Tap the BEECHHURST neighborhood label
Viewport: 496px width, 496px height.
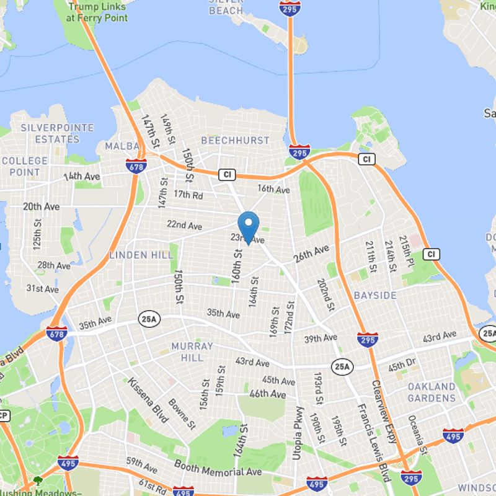(236, 141)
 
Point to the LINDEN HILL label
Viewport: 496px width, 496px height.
(137, 255)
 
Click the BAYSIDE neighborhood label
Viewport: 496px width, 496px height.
(375, 296)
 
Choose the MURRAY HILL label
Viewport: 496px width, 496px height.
(192, 352)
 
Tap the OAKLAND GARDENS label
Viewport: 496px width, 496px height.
(432, 392)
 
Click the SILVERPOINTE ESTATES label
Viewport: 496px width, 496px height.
(57, 133)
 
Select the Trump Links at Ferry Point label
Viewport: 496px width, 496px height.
(97, 12)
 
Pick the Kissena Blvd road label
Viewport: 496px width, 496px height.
(148, 399)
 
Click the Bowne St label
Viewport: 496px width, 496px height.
(182, 414)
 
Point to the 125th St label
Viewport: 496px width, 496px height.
(38, 234)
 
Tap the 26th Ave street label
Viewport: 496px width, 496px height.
(311, 254)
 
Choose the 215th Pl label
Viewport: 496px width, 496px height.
(406, 251)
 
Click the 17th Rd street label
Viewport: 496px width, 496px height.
(188, 195)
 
